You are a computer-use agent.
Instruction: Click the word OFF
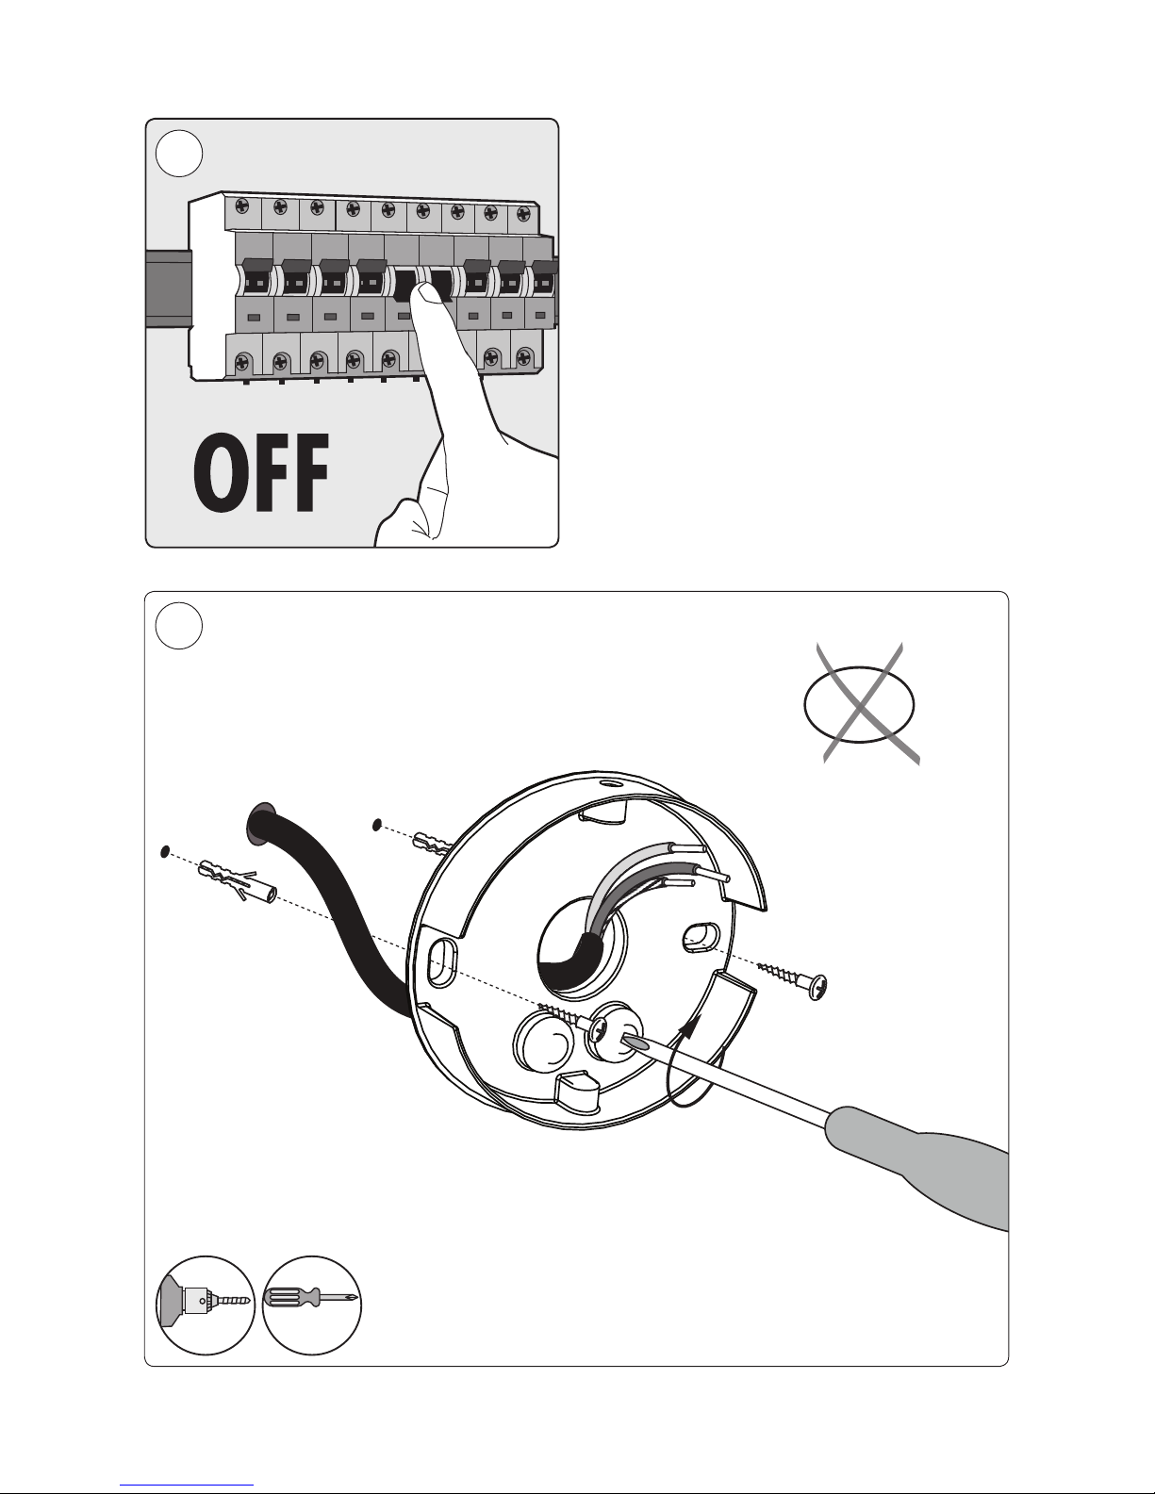point(261,473)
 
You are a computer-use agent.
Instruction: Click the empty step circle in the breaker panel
point(179,154)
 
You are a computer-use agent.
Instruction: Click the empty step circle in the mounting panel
point(179,626)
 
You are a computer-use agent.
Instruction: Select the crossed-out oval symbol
point(861,703)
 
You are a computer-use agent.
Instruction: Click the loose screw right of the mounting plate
point(792,979)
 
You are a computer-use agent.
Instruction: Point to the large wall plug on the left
point(237,881)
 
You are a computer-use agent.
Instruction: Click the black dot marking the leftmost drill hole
point(164,852)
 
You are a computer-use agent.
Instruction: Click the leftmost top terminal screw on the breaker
point(242,205)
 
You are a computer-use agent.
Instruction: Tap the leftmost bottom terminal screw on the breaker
point(243,361)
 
